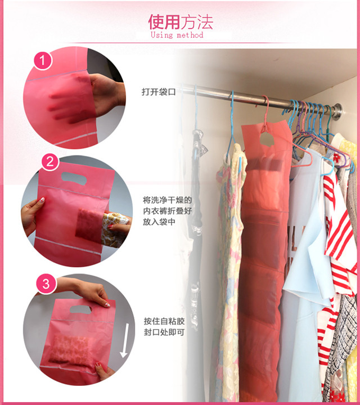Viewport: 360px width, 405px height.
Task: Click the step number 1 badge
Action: [43, 60]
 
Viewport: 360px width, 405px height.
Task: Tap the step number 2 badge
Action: [51, 162]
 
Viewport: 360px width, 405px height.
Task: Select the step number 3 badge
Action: [46, 284]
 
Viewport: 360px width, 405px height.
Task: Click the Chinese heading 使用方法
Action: [180, 22]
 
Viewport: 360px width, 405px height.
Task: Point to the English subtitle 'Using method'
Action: [177, 35]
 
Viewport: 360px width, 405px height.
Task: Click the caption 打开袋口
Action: [159, 92]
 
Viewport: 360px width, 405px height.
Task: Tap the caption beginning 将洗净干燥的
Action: [168, 211]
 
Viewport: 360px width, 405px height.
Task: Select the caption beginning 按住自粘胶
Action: [164, 326]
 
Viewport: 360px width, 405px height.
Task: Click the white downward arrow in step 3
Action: [125, 340]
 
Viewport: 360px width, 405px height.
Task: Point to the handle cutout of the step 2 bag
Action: [74, 178]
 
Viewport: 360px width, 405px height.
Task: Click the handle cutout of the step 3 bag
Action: [81, 309]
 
